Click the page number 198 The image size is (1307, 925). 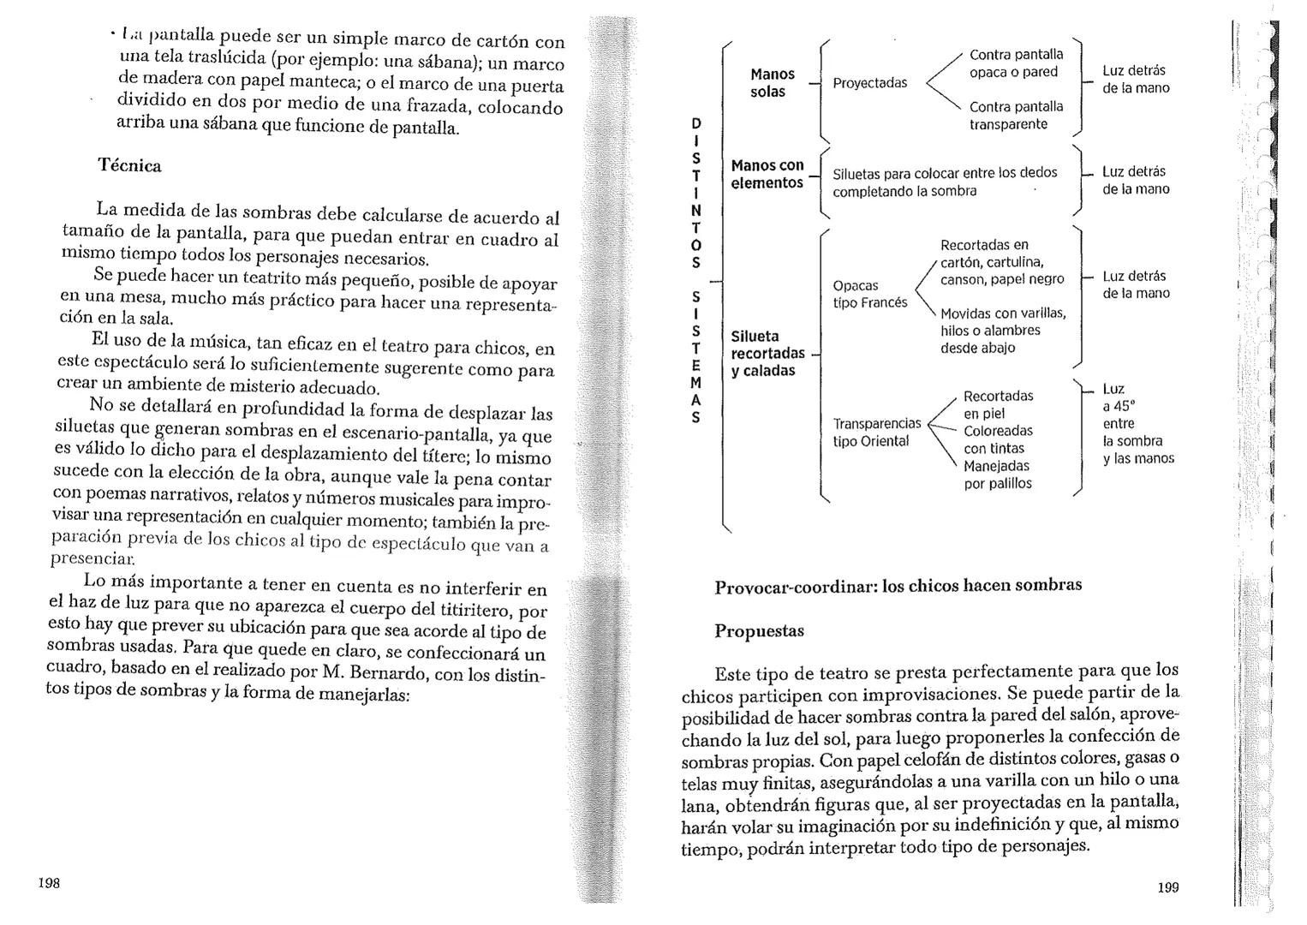(49, 883)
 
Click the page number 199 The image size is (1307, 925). (1168, 887)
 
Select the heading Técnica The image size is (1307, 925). (129, 165)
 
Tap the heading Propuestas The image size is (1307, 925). (759, 631)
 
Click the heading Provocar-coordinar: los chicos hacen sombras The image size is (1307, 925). (898, 586)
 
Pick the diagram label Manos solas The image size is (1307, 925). (772, 83)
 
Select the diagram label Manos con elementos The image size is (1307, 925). (767, 174)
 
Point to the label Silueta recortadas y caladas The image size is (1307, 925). (767, 353)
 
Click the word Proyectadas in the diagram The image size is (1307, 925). (869, 83)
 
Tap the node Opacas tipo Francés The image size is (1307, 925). (869, 294)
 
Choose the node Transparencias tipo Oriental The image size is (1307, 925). (876, 433)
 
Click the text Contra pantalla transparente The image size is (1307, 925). (1016, 116)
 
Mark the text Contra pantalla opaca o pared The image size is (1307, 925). (1016, 63)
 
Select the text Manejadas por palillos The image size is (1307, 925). (998, 474)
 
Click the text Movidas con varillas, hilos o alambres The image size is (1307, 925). (1003, 330)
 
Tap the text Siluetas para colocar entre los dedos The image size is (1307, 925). (945, 173)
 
